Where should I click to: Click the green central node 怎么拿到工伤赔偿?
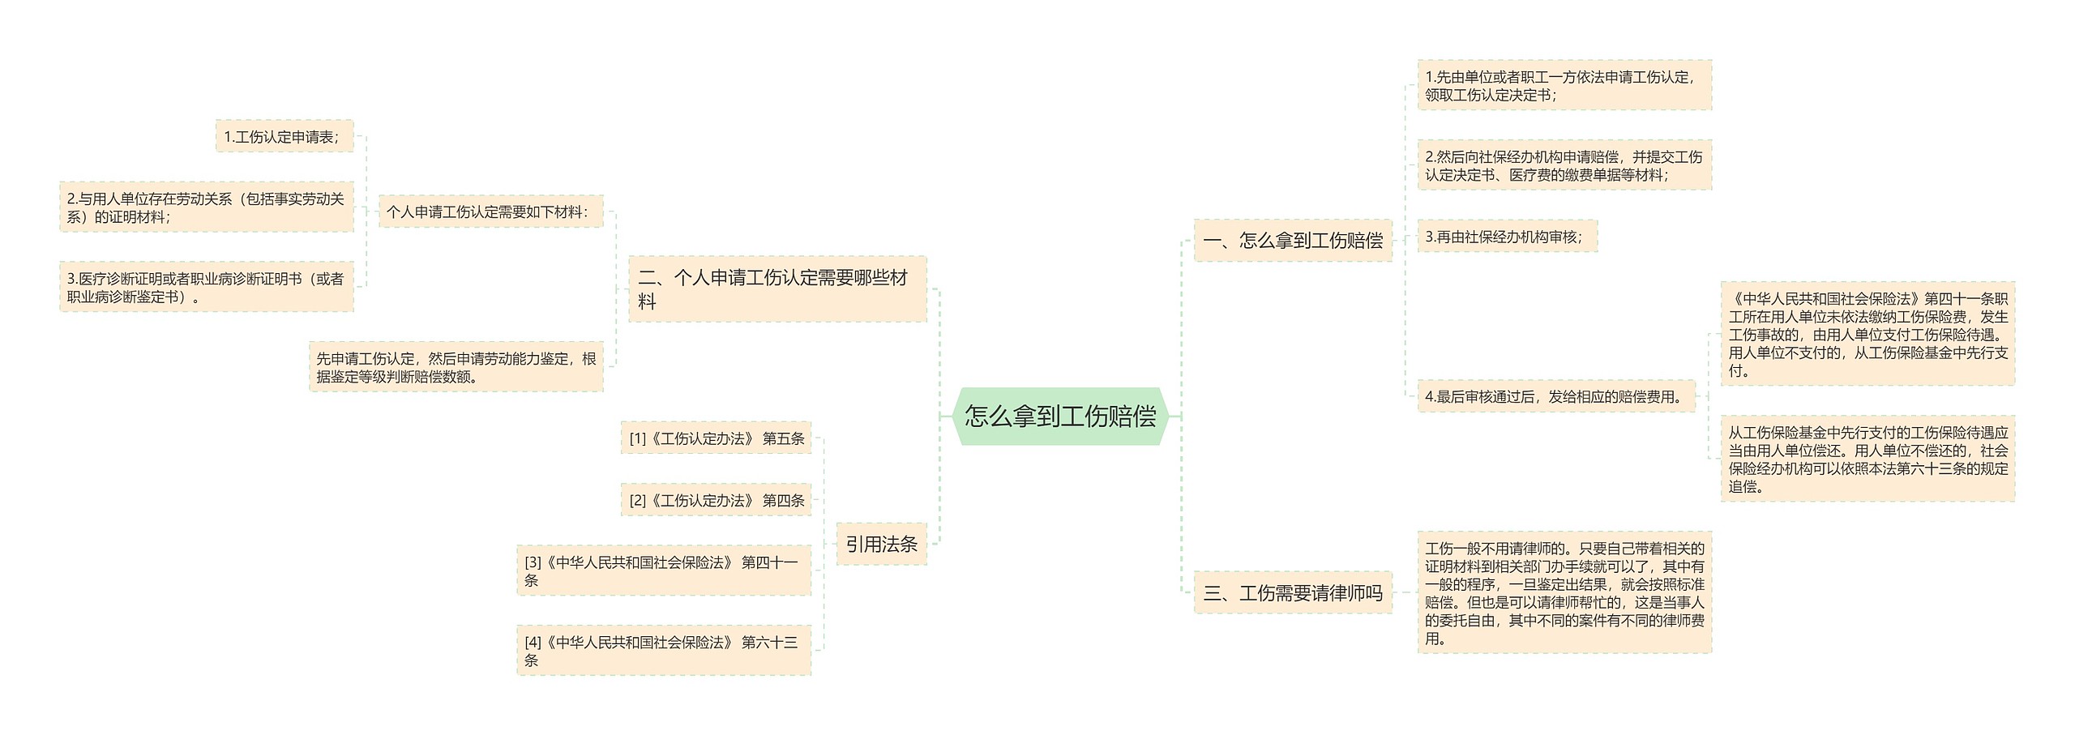coord(1060,417)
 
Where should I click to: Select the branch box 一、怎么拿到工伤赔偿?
coord(1293,241)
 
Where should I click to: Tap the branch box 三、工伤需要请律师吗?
coord(1293,593)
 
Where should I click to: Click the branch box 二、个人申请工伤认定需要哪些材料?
coord(777,289)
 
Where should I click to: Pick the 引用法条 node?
coord(881,544)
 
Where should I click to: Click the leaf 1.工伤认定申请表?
coord(284,137)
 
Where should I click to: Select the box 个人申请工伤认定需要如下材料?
coord(490,212)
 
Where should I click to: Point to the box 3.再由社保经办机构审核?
coord(1506,237)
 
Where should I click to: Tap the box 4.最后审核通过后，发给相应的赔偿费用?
coord(1555,396)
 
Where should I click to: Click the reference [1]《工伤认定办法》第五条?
coord(716,438)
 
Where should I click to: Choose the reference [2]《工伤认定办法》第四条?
coord(716,501)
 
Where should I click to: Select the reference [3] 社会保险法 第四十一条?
coord(663,570)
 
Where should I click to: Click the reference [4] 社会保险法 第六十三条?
coord(663,651)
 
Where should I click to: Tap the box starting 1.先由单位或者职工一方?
coord(1564,85)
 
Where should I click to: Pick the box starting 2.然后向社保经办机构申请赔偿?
coord(1564,165)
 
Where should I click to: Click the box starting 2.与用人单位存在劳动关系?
coord(207,207)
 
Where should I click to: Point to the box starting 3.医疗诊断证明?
coord(207,287)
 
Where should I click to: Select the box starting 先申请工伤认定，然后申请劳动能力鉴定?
coord(456,367)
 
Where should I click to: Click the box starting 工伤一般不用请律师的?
coord(1564,593)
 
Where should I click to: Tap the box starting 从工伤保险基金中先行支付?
coord(1867,459)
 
